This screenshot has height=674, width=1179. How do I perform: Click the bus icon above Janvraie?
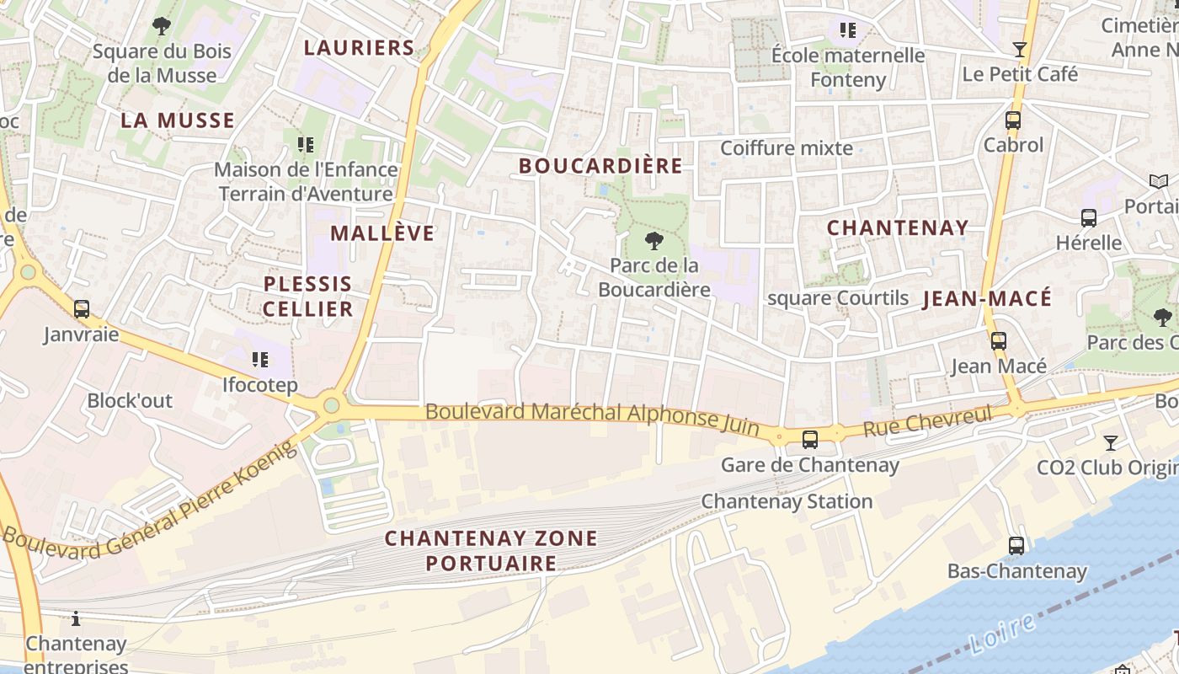pos(82,309)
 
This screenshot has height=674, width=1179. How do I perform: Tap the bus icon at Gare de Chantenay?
pos(809,439)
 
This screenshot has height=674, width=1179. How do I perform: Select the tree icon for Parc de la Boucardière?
pos(653,242)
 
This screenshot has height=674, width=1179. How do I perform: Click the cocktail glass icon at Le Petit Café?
pos(1020,50)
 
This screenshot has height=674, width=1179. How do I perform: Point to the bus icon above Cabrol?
pos(1013,120)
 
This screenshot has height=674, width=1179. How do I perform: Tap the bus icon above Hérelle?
pos(1088,218)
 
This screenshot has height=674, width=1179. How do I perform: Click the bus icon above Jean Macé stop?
pos(999,341)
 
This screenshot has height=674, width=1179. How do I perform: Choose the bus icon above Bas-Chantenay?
pos(1016,546)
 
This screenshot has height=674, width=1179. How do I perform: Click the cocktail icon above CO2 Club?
pos(1111,442)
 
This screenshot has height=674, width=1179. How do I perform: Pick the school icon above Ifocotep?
pos(260,361)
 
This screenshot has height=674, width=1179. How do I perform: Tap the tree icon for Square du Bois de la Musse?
pos(162,26)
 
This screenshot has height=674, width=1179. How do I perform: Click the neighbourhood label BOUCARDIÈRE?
pos(600,166)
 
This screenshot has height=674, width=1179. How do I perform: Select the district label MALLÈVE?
pos(382,233)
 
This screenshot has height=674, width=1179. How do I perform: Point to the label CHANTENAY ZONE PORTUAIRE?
pos(491,550)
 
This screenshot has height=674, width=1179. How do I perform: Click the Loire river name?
pos(1002,634)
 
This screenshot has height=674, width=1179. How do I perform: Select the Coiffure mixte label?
pos(787,148)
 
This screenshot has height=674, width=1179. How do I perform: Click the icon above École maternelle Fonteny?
pos(848,31)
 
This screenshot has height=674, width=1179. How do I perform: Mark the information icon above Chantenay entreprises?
pos(76,619)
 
